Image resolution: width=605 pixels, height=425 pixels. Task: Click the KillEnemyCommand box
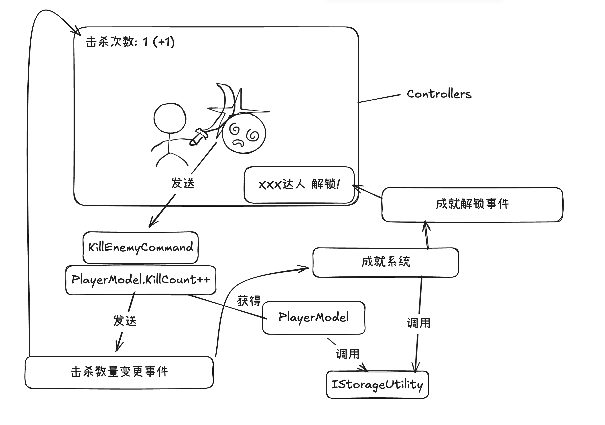coord(140,247)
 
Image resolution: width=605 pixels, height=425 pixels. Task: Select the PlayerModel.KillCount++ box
coord(141,280)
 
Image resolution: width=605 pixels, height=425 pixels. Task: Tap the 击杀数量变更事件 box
coord(119,372)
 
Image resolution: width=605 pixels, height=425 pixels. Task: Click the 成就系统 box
coord(386,262)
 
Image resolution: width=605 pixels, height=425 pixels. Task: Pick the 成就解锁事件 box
coord(472,204)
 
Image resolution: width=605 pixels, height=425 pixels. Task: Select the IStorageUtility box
coord(377,384)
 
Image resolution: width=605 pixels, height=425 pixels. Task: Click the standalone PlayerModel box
coord(314,317)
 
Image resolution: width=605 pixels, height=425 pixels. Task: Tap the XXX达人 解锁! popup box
coord(299,185)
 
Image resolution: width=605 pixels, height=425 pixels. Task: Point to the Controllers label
coord(439,94)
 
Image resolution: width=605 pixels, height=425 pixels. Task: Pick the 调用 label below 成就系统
coord(418,323)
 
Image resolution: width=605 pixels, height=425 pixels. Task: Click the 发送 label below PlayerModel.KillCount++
coord(125,321)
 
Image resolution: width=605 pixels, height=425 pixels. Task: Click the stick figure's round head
coord(170,118)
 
